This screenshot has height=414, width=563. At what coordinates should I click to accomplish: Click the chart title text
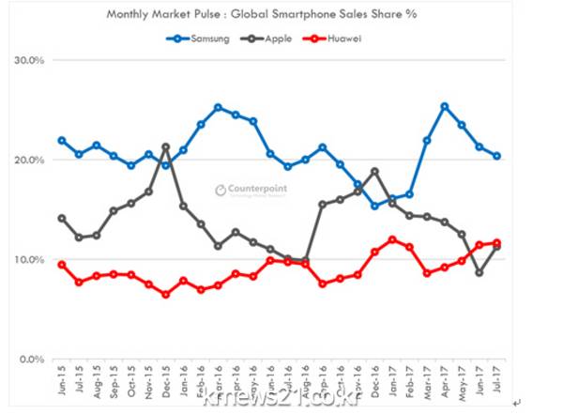coord(280,14)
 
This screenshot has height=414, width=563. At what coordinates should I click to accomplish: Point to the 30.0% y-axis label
coord(31,60)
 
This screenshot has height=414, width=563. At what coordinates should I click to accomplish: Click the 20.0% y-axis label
coord(31,160)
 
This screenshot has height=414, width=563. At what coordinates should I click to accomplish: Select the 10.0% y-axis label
coord(31,259)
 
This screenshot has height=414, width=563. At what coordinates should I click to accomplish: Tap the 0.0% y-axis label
coord(34,359)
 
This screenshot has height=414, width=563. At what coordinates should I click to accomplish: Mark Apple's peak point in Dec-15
coord(166,146)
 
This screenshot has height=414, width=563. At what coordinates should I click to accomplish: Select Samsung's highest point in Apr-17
coord(444,106)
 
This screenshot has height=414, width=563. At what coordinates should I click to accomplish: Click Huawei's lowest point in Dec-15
coord(166,294)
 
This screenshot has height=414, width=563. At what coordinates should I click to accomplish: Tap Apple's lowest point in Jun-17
coord(479,272)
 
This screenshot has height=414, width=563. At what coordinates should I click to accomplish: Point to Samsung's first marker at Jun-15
coord(62,141)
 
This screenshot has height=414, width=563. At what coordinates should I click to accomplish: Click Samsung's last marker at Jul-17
coord(497,156)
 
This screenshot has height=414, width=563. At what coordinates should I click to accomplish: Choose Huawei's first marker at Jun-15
coord(62,265)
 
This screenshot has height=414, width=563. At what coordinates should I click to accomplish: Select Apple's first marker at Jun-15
coord(62,218)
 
